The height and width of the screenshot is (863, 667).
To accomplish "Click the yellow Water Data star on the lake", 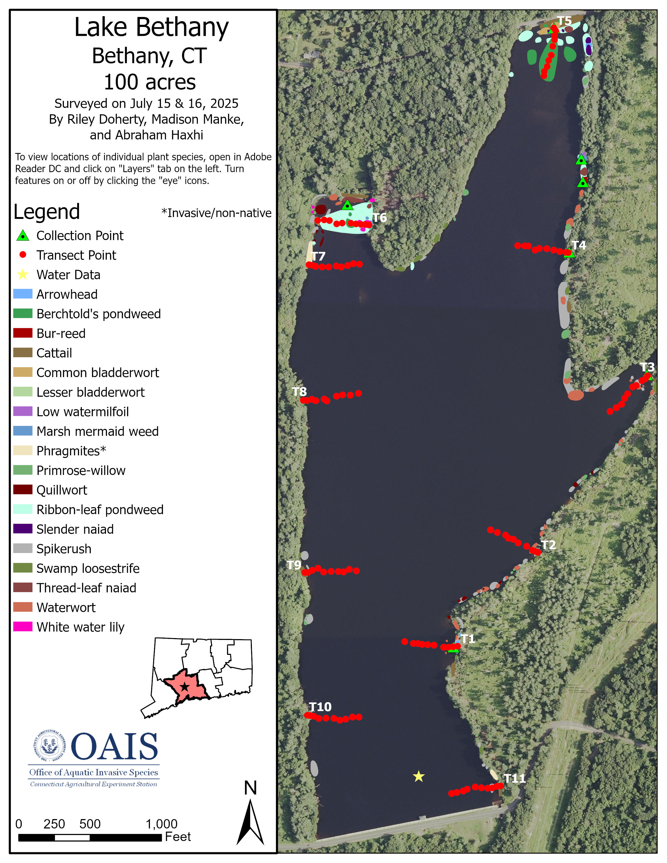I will pos(419,776).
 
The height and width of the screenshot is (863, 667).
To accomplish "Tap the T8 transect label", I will pos(299,391).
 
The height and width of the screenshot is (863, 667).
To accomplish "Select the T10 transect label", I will pos(320,707).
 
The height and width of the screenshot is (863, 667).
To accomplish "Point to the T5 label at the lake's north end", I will pos(564,21).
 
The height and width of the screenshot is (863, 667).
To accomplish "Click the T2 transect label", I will pos(549,545).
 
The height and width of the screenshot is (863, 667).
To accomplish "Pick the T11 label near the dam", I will pos(515,779).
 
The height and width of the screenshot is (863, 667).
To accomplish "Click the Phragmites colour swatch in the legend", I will pos(22,451).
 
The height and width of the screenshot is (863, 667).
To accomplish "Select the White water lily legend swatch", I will pos(22,627).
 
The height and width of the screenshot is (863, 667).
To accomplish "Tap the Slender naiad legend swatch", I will pos(22,529).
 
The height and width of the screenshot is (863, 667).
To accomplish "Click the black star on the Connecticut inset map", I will pos(184,686).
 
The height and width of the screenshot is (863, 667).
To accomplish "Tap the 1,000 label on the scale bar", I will pos(162,824).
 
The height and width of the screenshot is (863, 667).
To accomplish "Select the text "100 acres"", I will pos(150,82).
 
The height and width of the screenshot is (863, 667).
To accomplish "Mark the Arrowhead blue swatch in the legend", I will pos(22,294).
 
